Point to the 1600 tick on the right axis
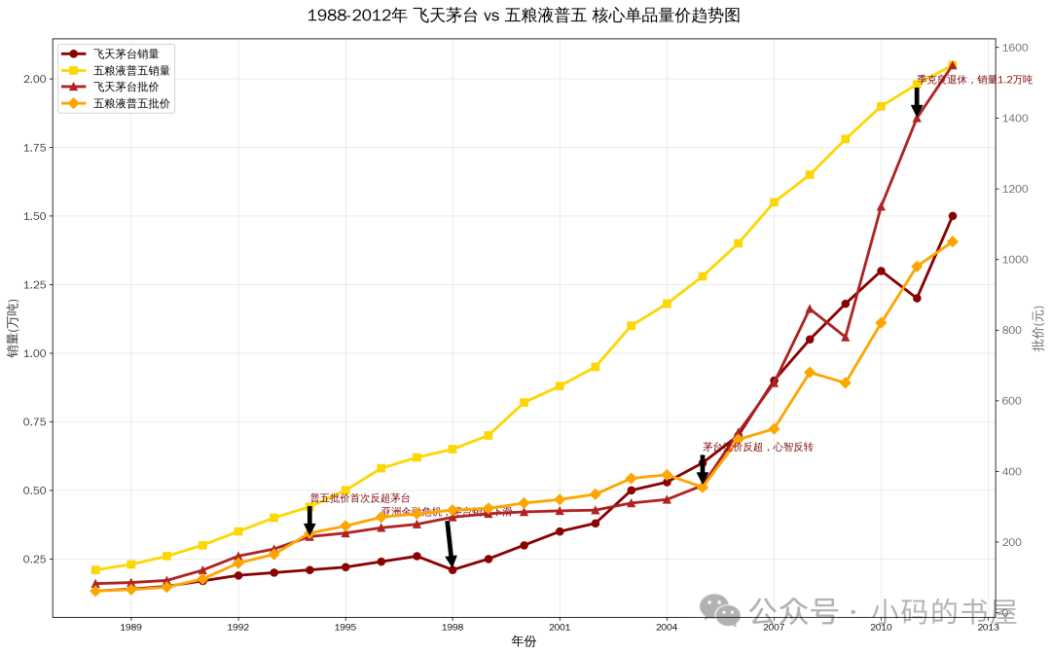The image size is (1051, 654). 1016,48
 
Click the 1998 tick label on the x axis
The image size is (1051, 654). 453,628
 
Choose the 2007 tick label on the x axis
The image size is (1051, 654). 774,628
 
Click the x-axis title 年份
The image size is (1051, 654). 524,642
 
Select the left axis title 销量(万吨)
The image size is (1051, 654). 13,328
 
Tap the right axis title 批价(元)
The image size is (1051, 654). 1038,328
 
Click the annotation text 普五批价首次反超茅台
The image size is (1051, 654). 360,498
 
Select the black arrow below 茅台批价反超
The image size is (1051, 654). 703,469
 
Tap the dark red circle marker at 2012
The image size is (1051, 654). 953,216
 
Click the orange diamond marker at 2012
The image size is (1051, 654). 953,241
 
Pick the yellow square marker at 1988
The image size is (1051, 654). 95,570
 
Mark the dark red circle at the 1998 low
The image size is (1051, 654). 453,570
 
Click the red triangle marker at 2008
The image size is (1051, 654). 810,309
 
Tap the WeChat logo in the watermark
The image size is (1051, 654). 719,610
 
